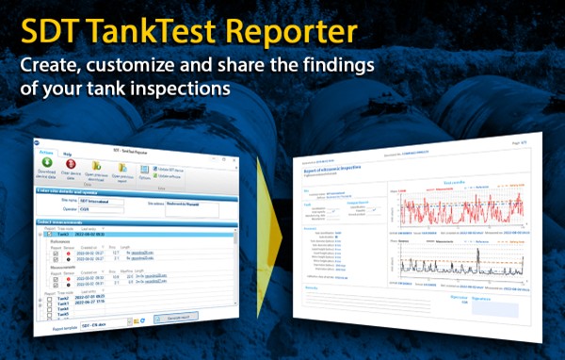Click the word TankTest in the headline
pos(170,31)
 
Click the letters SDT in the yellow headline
pos(55,31)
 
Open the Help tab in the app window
pos(68,153)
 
